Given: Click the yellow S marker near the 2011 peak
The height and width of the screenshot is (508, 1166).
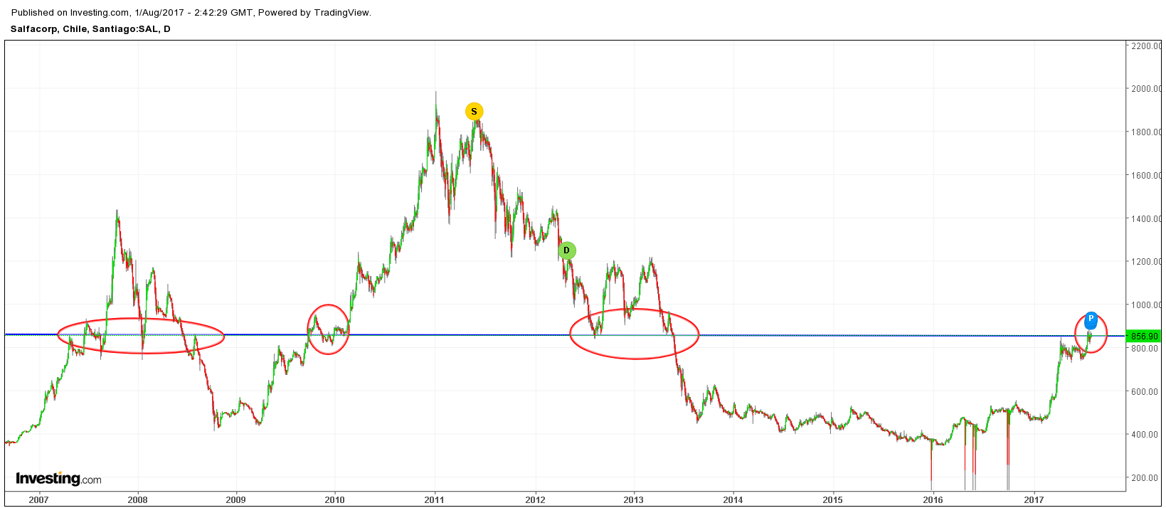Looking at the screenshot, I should tap(474, 112).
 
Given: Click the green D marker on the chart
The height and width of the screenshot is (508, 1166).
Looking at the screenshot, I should tap(567, 250).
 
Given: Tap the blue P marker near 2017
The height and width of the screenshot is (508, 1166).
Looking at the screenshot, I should tap(1091, 319).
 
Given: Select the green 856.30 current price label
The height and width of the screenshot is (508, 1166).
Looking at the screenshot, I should tap(1145, 336).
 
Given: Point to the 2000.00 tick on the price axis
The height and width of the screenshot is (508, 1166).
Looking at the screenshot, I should tap(1145, 89).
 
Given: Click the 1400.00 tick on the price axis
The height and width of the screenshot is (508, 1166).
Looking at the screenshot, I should tap(1145, 218).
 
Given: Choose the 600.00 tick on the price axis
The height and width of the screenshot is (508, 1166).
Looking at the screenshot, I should tap(1145, 391).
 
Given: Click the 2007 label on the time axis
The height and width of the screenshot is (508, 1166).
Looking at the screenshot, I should tap(39, 499).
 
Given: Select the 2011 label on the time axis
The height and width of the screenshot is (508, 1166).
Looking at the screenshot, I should tap(435, 499).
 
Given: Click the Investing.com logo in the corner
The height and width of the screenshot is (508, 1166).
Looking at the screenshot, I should tap(58, 479).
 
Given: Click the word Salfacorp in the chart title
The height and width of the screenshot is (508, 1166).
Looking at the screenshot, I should tap(34, 29).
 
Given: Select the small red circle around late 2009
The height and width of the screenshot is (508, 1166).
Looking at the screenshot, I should tap(329, 329).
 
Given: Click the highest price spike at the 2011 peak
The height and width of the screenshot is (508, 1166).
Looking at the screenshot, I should tap(436, 93).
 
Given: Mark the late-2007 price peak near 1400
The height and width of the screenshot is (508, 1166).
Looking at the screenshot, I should tap(117, 212).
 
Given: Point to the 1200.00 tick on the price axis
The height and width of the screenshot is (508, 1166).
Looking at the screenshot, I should tap(1145, 262).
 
